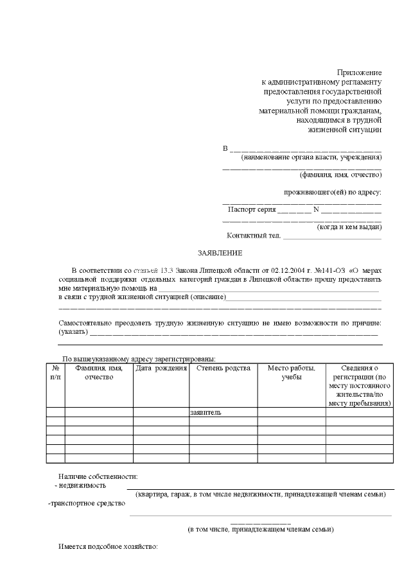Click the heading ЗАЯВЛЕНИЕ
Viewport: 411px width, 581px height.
(x=220, y=254)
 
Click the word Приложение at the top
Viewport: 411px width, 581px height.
(x=360, y=73)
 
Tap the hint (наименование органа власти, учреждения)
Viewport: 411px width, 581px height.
(x=311, y=157)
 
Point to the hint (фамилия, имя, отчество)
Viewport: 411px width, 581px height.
(x=340, y=175)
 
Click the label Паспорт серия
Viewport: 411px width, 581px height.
(x=252, y=209)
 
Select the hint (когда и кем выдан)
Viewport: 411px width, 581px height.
(x=349, y=227)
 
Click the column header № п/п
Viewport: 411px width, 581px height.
(x=55, y=372)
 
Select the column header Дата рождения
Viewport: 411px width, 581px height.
(x=161, y=369)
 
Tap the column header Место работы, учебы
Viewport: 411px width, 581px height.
(x=291, y=372)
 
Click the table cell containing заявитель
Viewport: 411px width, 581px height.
(x=205, y=412)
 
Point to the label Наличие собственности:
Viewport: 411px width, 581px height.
(x=98, y=476)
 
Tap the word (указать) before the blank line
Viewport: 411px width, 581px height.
(x=71, y=332)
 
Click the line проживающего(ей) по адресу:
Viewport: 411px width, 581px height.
(x=333, y=192)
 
